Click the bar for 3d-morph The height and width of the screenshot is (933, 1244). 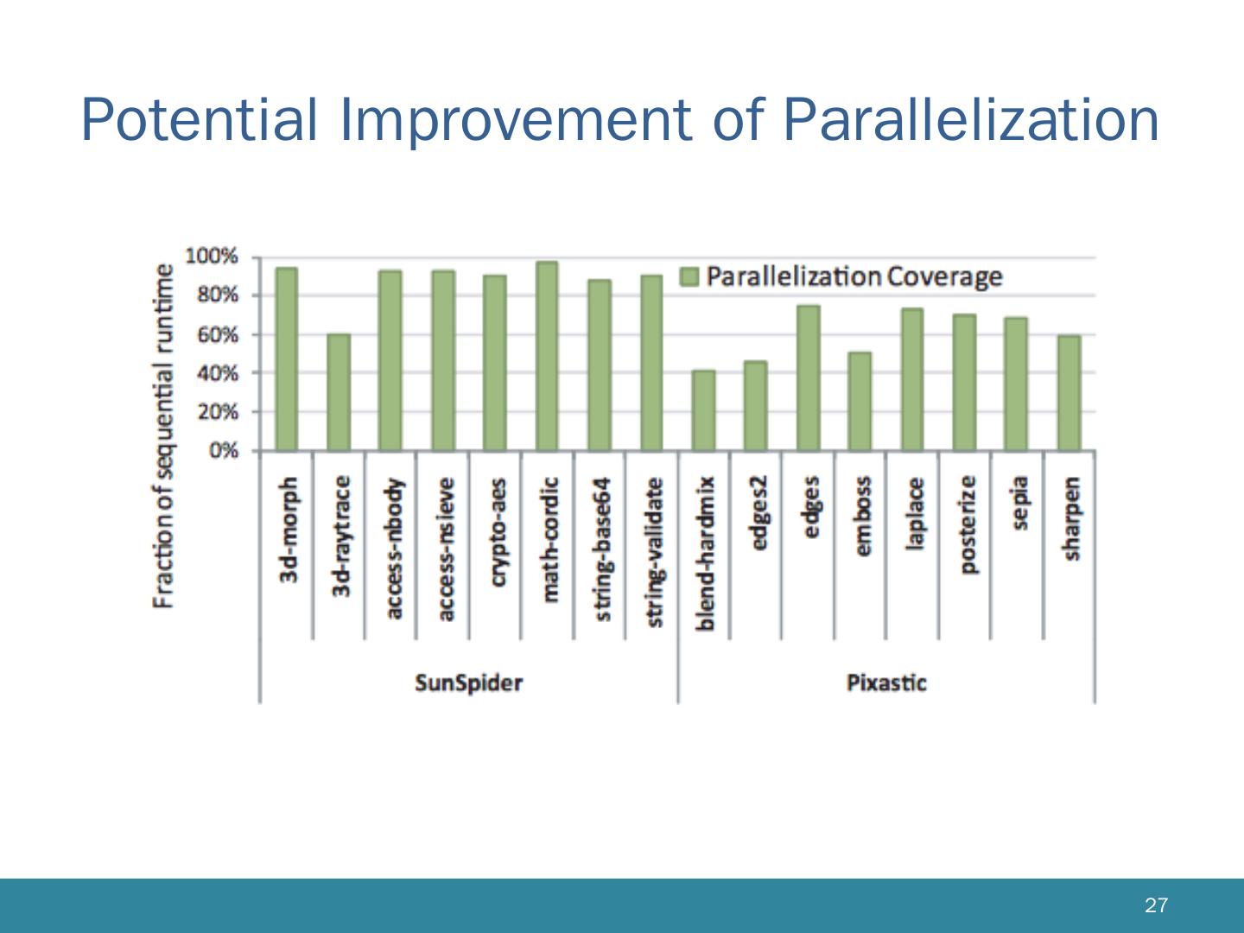[x=287, y=359]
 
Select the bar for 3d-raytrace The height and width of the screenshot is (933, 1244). [x=339, y=392]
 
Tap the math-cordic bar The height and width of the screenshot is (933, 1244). [x=547, y=356]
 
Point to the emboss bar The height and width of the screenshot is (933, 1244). [x=860, y=402]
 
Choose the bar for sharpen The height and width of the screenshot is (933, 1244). [x=1069, y=393]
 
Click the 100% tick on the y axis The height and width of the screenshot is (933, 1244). [x=211, y=257]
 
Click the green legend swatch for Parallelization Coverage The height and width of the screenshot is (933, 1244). [x=689, y=276]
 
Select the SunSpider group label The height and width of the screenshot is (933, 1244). [x=468, y=683]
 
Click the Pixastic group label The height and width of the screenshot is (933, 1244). [x=886, y=683]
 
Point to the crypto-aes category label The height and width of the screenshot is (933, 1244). [x=497, y=532]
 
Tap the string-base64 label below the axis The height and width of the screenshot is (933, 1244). [x=602, y=549]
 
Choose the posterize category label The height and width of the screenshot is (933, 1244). [x=968, y=524]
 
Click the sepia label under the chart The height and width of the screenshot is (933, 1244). [x=1019, y=503]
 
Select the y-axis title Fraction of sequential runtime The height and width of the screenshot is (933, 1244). [x=163, y=436]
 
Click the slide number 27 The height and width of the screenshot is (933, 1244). [x=1156, y=905]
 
